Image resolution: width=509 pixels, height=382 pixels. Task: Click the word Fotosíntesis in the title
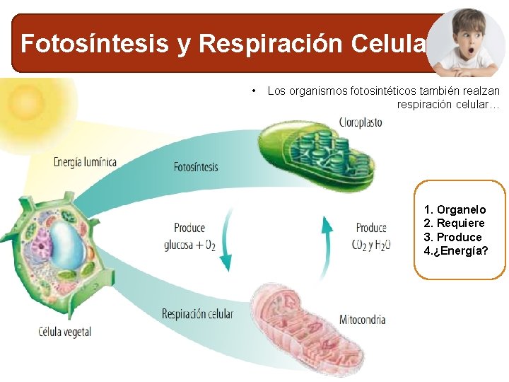[95, 44]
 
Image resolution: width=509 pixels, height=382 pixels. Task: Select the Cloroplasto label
[361, 122]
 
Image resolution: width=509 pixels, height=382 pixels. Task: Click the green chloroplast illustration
[318, 156]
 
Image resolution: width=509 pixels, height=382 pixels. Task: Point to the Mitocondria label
[362, 319]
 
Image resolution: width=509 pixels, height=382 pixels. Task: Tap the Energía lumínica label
[86, 162]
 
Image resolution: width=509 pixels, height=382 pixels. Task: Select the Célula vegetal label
[64, 331]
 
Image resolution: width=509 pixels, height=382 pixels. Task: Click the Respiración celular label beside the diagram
[197, 314]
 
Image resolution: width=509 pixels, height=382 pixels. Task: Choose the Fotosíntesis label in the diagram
[196, 168]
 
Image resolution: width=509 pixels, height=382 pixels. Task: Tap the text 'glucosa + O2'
[189, 245]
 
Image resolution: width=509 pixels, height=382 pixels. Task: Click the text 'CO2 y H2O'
[371, 245]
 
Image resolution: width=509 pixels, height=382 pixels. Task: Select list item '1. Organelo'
[455, 209]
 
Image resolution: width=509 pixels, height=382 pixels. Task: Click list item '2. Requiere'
[454, 224]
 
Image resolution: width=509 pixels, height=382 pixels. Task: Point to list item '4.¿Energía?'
[456, 251]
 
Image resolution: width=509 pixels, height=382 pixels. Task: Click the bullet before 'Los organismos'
[253, 91]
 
